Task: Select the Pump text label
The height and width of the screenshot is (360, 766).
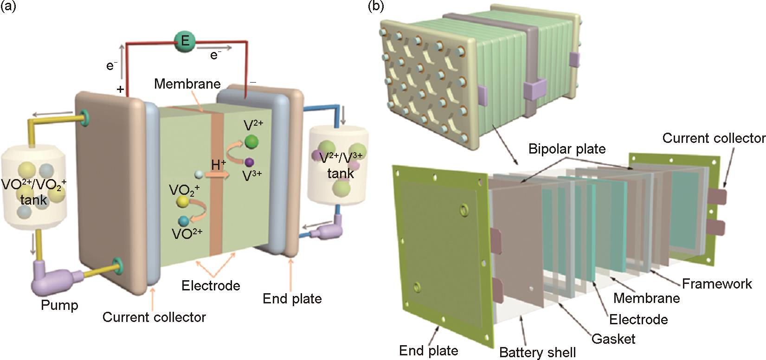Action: coord(59,305)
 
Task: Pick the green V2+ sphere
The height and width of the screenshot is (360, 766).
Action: coord(252,141)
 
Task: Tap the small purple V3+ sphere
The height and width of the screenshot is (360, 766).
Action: coord(250,162)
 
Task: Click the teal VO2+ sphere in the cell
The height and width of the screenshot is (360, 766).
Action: coord(184,221)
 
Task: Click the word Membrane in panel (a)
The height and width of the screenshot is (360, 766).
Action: coord(187,84)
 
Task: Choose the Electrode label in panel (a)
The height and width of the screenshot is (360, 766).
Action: coord(211,285)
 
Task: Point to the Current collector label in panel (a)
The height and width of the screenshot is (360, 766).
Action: coord(154,317)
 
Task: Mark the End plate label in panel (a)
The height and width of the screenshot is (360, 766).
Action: coord(292,298)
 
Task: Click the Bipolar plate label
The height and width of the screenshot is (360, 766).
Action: coord(567,149)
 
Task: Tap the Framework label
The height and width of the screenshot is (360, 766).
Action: coord(716,283)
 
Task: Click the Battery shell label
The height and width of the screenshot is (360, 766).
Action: coord(537,353)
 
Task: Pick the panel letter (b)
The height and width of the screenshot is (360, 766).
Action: coord(376,6)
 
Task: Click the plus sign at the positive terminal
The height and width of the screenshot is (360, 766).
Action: coord(121,90)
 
